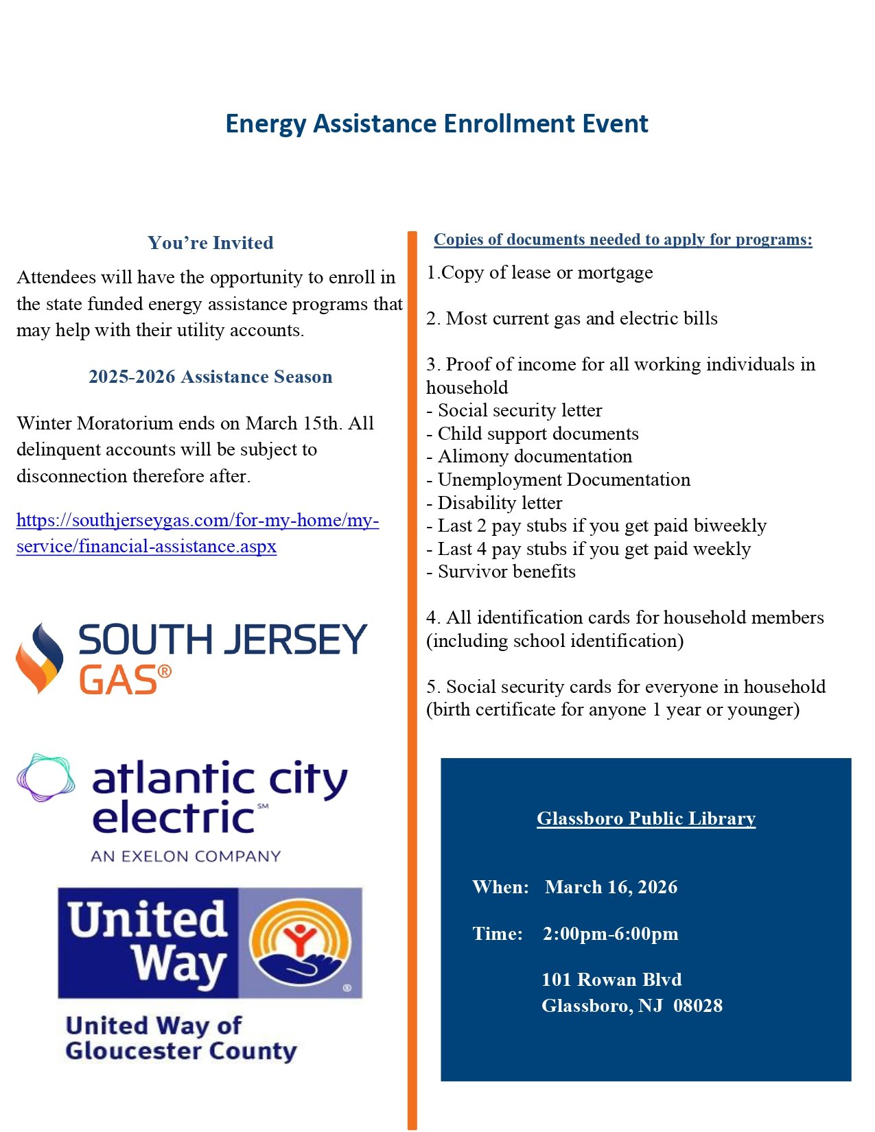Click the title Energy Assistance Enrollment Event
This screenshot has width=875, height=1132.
[x=436, y=124]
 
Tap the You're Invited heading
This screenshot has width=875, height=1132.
[x=210, y=243]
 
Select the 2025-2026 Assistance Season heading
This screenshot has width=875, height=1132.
[x=210, y=377]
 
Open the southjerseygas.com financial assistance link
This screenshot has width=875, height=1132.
[x=198, y=533]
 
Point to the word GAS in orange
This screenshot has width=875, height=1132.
[x=119, y=681]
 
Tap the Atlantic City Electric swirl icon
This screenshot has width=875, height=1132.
[x=45, y=777]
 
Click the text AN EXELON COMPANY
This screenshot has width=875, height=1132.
[x=185, y=856]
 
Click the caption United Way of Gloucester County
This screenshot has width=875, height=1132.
[x=180, y=1038]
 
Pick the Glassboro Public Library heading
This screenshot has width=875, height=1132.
[x=646, y=818]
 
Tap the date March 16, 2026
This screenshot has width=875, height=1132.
[x=611, y=887]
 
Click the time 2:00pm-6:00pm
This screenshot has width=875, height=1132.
[x=610, y=934]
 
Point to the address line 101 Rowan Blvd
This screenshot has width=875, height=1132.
[x=611, y=980]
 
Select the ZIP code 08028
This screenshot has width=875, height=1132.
[x=698, y=1006]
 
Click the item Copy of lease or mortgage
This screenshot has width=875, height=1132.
[x=539, y=273]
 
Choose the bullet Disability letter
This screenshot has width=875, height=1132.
[x=500, y=503]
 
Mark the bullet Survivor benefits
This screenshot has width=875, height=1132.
[x=506, y=571]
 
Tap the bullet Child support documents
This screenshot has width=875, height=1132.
[x=538, y=434]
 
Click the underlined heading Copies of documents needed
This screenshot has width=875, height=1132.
[x=622, y=239]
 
